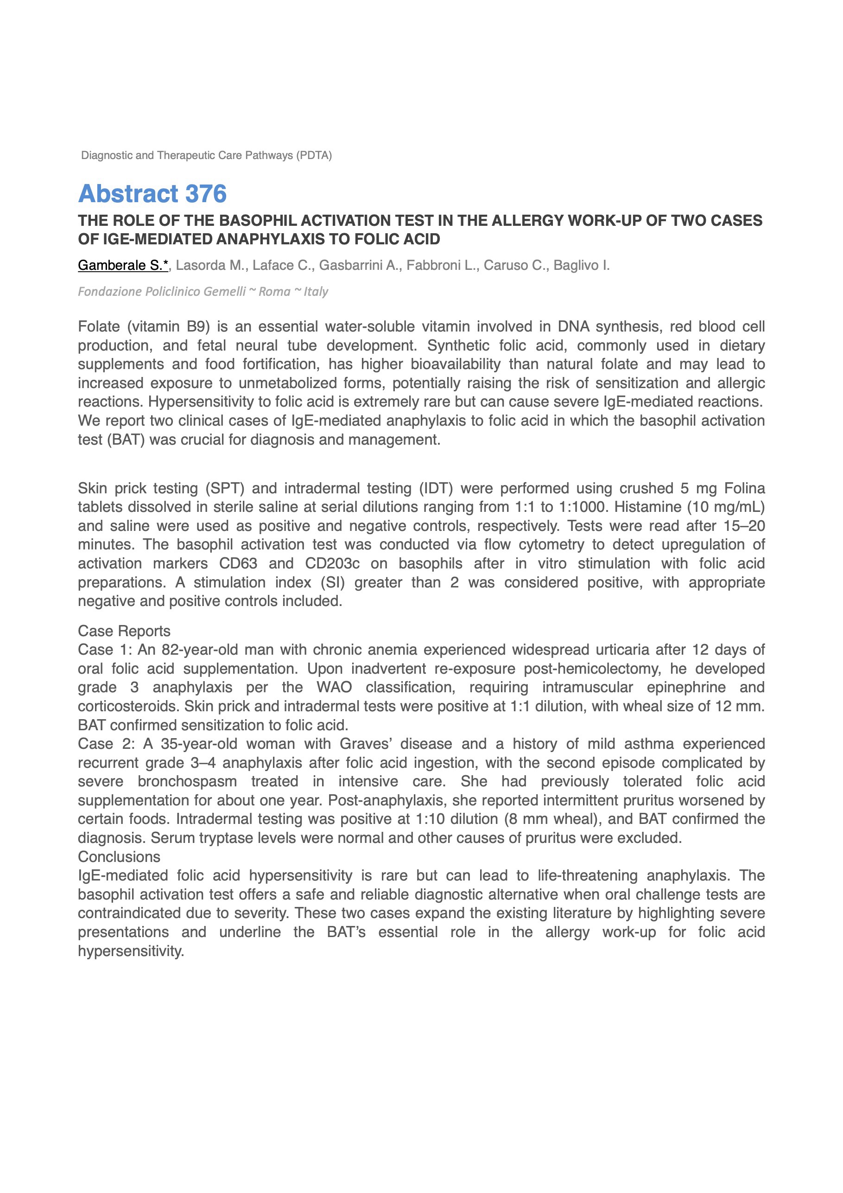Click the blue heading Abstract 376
(x=152, y=194)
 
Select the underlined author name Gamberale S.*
(x=123, y=266)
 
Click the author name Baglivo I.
(x=581, y=266)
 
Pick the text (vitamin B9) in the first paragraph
(x=168, y=327)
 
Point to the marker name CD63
(x=238, y=564)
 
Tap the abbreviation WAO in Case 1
(x=334, y=688)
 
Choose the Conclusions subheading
(x=119, y=857)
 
